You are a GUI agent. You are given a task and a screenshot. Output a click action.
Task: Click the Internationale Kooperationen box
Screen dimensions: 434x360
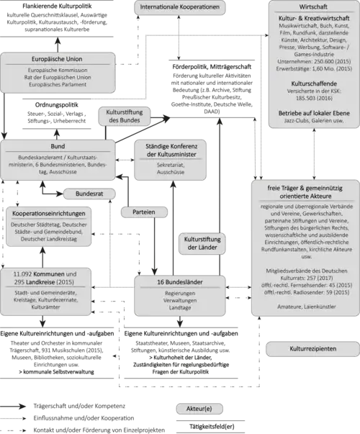tap(180, 8)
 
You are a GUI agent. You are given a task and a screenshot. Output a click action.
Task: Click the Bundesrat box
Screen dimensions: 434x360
tap(89, 194)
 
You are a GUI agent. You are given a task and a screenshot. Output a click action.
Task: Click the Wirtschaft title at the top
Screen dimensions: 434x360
tap(313, 6)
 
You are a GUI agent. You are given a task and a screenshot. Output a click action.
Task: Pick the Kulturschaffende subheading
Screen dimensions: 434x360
tap(313, 83)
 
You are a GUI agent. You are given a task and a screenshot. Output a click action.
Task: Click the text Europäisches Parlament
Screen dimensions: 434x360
tap(58, 84)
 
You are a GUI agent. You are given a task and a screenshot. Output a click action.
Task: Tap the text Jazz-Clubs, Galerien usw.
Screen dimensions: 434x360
tap(313, 122)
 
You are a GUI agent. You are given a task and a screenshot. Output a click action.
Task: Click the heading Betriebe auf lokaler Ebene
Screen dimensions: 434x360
tap(313, 113)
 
